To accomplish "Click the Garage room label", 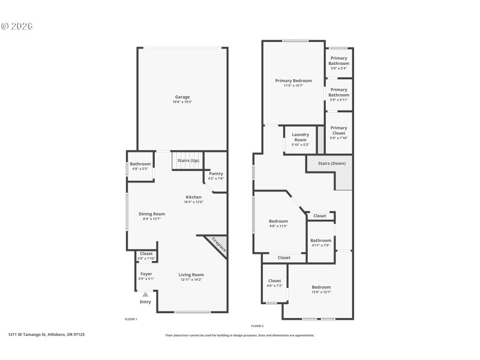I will point(182,97).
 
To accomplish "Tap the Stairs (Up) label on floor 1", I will point(188,160).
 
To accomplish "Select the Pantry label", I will point(215,173).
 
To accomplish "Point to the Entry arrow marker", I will point(145,295).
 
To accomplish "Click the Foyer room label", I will point(146,274).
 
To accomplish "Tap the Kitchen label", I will point(193,197).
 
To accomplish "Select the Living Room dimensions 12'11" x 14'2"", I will point(191,279).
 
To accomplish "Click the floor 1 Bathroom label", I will point(140,164).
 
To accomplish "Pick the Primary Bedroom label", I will point(293,80).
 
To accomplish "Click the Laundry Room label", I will point(300,137).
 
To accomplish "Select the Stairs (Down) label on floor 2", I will point(332,163).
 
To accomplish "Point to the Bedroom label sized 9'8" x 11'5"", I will point(278,221).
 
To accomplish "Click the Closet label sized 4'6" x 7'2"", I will point(274,281).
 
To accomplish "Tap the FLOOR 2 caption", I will point(257,325).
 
